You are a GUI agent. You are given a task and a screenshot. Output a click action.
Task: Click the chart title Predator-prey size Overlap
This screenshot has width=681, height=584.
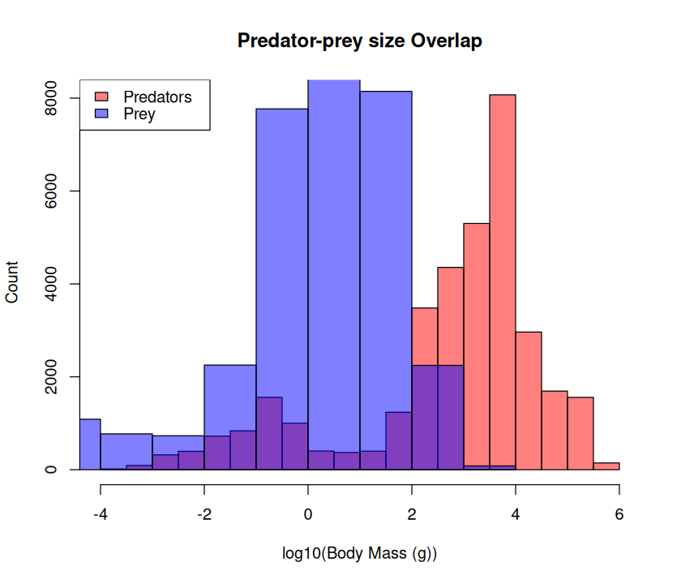[x=359, y=41]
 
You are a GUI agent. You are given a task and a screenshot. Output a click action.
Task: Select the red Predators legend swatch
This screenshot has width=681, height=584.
[x=102, y=97]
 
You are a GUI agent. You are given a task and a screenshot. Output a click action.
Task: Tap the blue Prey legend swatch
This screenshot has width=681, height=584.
[x=102, y=114]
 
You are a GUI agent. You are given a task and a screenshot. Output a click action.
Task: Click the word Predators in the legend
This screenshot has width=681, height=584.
[x=157, y=97]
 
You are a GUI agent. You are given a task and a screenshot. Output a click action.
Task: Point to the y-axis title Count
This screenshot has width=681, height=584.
[x=12, y=283]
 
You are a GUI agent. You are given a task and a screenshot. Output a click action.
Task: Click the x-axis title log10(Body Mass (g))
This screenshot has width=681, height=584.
[x=359, y=554]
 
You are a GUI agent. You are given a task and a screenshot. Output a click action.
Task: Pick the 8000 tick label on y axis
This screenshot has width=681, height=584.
[x=51, y=98]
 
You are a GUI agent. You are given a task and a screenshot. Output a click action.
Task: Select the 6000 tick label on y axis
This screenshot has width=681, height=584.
[x=51, y=191]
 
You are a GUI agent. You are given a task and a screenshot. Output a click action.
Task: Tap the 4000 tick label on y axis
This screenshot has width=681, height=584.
[x=51, y=284]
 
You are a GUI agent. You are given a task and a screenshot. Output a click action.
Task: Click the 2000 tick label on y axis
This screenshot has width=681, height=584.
[x=51, y=377]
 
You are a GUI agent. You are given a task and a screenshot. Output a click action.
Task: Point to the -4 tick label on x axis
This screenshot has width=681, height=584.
[x=101, y=514]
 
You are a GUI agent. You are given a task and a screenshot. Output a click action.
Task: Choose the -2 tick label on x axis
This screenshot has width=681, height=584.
[x=204, y=514]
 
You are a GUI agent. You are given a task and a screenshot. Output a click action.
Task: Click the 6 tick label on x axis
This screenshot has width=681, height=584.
[x=619, y=514]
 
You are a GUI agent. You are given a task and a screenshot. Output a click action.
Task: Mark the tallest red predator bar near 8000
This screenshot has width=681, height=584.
[x=503, y=243]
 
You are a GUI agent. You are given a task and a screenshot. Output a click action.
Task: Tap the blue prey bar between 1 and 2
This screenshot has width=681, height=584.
[x=386, y=243]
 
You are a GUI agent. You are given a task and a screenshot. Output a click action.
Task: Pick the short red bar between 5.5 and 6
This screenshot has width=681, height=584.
[x=606, y=466]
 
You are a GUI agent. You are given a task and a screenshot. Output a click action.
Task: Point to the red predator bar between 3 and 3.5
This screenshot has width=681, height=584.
[x=477, y=341]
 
